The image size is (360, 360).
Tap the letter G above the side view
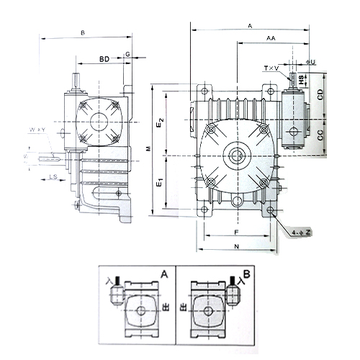(127, 54)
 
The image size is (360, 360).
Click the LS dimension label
(53, 176)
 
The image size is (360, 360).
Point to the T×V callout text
(272, 68)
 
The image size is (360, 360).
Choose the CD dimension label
(320, 94)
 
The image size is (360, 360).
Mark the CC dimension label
(320, 135)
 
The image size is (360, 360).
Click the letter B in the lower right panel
(246, 274)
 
